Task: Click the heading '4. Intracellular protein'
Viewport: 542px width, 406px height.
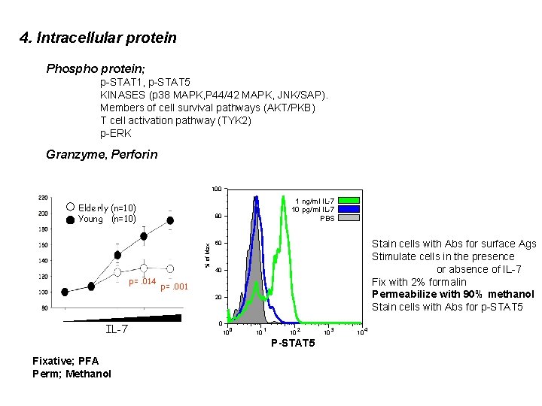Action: [98, 38]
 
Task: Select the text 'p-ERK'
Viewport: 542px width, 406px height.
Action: [116, 133]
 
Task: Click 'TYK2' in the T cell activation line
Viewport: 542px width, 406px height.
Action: [236, 120]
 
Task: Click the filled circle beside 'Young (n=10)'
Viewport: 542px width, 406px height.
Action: [70, 219]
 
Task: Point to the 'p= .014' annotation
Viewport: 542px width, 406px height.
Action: [142, 282]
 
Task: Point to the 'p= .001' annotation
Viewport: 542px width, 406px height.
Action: [174, 287]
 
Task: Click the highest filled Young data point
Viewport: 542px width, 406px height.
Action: [170, 220]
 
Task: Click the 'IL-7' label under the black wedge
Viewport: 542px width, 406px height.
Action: [117, 329]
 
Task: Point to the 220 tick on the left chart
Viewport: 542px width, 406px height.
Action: [44, 198]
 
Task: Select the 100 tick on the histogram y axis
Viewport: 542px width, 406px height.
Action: [216, 188]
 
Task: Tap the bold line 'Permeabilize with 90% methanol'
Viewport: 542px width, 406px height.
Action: [452, 294]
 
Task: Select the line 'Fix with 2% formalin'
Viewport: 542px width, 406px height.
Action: [419, 282]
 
